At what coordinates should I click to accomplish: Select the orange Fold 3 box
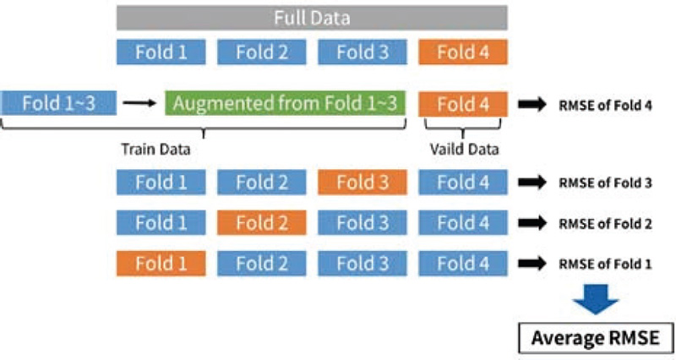click(363, 182)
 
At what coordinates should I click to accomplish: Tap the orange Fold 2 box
click(262, 223)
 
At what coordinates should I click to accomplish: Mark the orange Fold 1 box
click(161, 264)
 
